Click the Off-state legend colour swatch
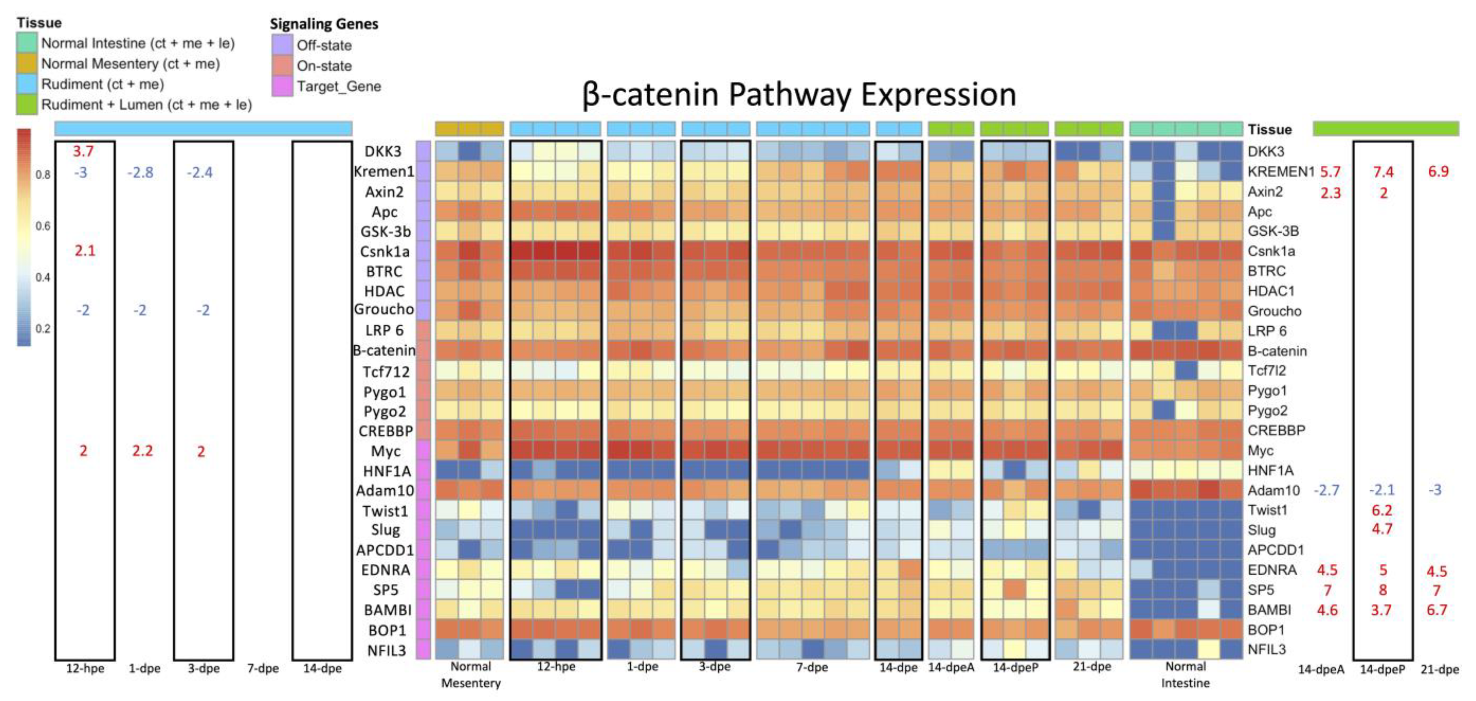pos(282,45)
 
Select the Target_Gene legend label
pos(338,87)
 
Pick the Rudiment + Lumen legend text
pos(146,105)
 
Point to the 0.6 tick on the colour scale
pos(43,226)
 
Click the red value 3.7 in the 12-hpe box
pos(83,151)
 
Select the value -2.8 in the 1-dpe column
pos(140,172)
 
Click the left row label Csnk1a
pos(384,251)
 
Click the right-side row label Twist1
pos(1268,510)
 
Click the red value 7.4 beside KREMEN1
pos(1383,172)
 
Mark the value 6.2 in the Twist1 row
pos(1382,510)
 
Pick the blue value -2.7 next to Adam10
pos(1326,490)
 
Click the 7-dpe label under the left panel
pos(263,668)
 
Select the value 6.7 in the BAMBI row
pos(1436,610)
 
